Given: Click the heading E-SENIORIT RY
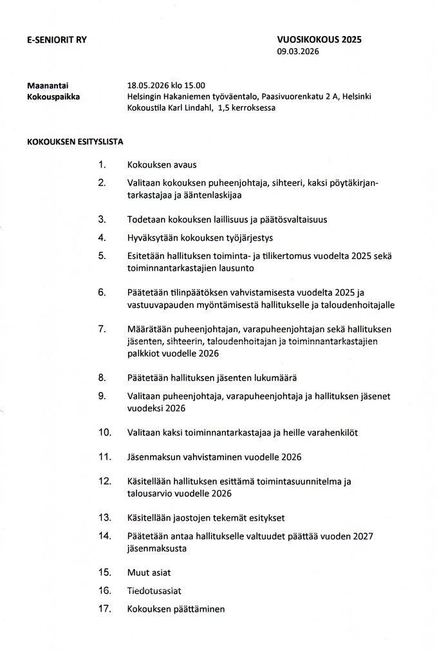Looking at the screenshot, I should click(x=57, y=39).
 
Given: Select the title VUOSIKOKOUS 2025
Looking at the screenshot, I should click(x=319, y=39).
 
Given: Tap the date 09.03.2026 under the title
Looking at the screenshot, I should click(x=298, y=51).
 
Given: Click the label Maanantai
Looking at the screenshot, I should click(x=48, y=85).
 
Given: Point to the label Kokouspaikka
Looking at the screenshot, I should click(x=53, y=96).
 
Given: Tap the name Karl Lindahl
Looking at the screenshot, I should click(x=191, y=108).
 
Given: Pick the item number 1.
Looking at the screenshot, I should click(x=102, y=165).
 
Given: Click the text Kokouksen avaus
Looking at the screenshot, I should click(x=162, y=165).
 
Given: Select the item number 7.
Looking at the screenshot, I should click(x=102, y=329).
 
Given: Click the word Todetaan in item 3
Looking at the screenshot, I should click(x=147, y=219).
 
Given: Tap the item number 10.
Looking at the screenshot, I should click(x=104, y=433).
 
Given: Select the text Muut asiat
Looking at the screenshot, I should click(x=149, y=572).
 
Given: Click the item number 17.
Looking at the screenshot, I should click(x=104, y=608).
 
